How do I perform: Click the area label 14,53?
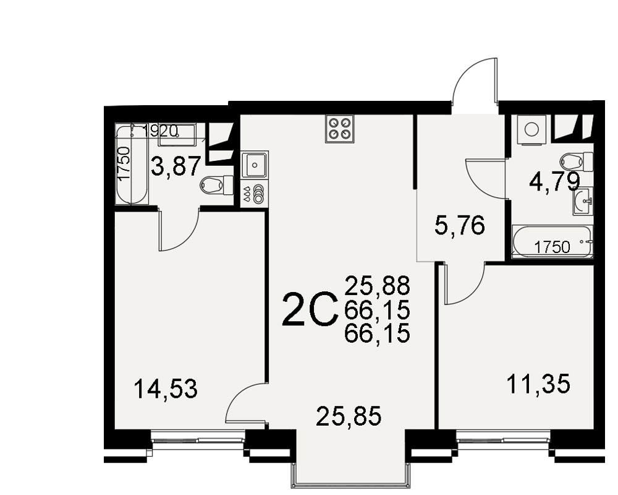pos(166,389)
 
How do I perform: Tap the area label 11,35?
pos(538,384)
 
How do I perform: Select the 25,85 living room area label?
pos(349,416)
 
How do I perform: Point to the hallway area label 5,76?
pos(460,226)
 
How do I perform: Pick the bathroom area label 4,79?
pos(555,182)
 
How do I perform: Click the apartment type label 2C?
pos(310,310)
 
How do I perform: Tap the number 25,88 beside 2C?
pos(377,286)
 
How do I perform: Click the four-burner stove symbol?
pos(340,129)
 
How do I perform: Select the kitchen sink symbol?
pos(255,165)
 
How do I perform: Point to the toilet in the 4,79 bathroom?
pos(576,162)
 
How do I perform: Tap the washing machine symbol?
pos(532,129)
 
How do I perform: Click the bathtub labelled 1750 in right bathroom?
pos(552,241)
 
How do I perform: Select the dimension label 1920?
pos(161,131)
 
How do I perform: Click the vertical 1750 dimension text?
pos(124,164)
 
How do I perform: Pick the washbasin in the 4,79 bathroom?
pos(582,201)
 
